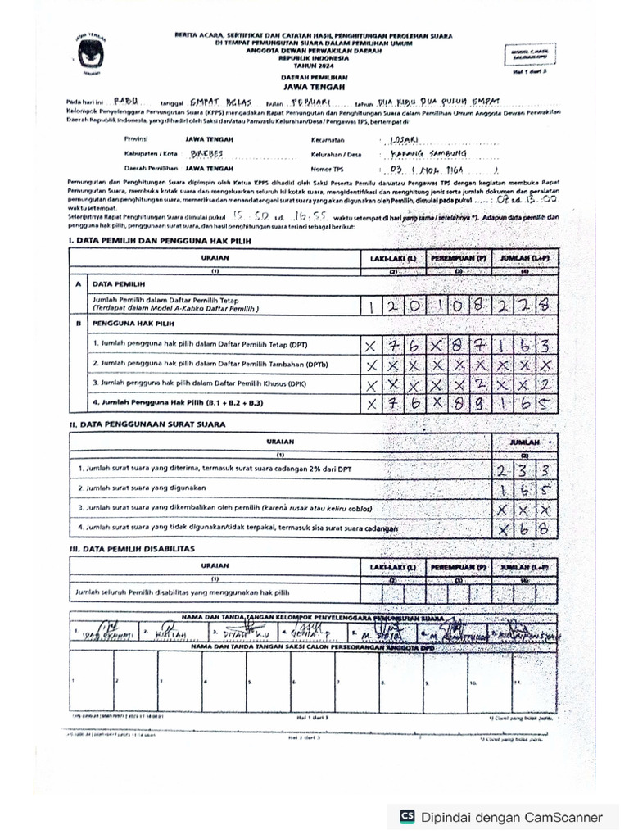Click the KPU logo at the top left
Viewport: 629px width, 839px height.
click(x=87, y=54)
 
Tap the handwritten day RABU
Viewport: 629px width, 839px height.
click(x=125, y=102)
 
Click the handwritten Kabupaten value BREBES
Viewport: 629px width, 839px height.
click(x=206, y=153)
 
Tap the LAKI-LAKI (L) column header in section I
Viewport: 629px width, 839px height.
click(x=392, y=258)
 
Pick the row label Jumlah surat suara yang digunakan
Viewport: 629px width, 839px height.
click(x=142, y=488)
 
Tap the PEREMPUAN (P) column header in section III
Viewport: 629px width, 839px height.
click(x=459, y=566)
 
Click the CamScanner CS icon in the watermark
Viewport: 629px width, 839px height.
click(x=407, y=816)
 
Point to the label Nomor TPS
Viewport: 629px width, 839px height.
click(x=328, y=167)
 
